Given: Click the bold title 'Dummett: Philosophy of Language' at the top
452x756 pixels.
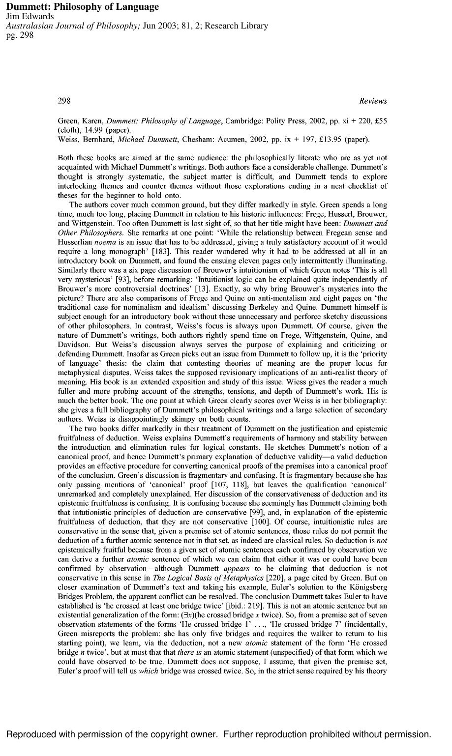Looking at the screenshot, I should point(82,7).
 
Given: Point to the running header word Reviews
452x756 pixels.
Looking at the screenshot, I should point(373,101).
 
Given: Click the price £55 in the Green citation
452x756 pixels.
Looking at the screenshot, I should point(379,121).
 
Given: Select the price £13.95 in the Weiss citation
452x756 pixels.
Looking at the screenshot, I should point(325,140).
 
